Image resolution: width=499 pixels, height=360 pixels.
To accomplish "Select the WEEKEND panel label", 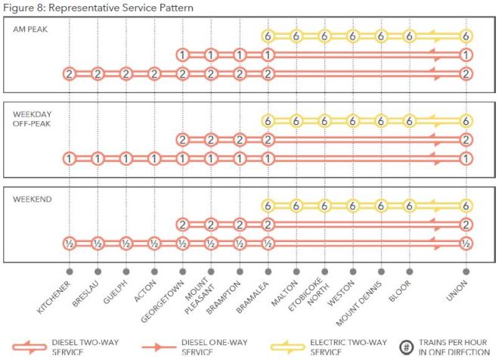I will [31, 199].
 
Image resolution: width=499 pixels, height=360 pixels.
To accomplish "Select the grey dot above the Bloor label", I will [410, 270].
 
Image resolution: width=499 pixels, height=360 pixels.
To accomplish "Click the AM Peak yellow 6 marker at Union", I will [466, 36].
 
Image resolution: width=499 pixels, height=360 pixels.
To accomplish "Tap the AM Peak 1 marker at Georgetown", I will [182, 54].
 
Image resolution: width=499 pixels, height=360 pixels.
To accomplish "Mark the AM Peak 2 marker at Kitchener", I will [69, 73].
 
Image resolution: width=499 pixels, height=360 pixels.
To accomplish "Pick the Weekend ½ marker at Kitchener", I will [69, 243].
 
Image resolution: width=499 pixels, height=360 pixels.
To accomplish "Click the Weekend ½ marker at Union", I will [466, 243].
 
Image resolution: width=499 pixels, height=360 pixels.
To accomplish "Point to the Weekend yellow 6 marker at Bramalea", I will [267, 205].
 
